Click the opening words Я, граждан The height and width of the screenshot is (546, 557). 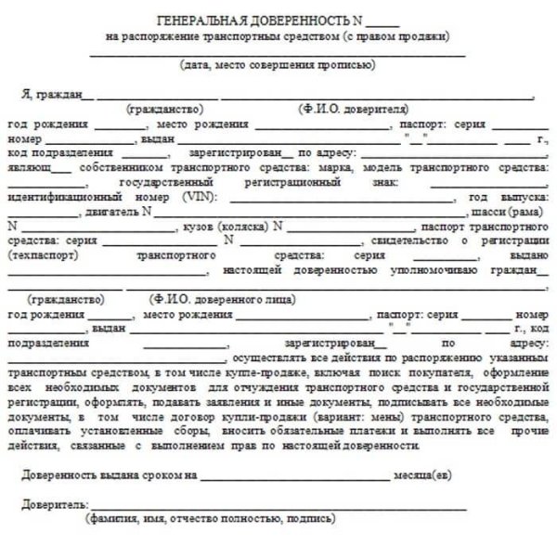53,95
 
